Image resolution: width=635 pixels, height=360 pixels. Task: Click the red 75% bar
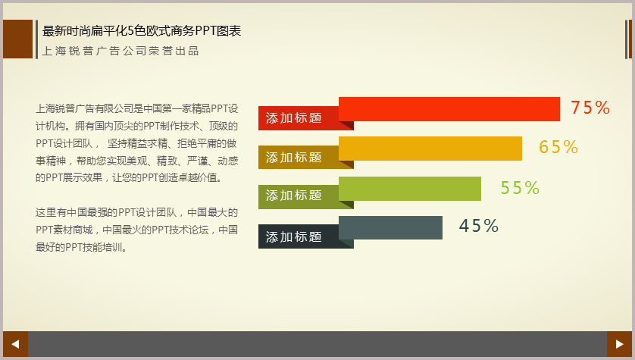[449, 109]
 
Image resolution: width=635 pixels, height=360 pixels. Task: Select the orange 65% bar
[430, 149]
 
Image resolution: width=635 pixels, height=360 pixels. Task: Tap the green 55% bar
[410, 189]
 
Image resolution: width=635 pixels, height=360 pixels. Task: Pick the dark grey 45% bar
[390, 227]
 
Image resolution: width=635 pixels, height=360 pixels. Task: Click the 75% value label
[590, 108]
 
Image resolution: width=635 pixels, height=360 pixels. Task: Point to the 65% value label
[558, 147]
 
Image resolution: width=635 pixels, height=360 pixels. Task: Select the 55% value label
[520, 188]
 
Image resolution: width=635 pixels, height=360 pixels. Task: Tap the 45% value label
[479, 226]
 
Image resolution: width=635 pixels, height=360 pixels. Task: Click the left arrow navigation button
[15, 344]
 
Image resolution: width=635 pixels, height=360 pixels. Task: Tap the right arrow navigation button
[619, 344]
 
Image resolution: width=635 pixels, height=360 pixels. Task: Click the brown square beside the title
[18, 39]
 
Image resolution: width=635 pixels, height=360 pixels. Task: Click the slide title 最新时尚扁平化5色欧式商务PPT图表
[142, 31]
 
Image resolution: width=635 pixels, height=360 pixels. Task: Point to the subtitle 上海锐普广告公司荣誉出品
[120, 51]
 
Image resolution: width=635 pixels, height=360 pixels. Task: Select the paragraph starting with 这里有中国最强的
[137, 230]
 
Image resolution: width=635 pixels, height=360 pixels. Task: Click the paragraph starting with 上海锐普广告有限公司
[137, 143]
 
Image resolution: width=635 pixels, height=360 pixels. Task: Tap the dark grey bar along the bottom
[317, 344]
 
